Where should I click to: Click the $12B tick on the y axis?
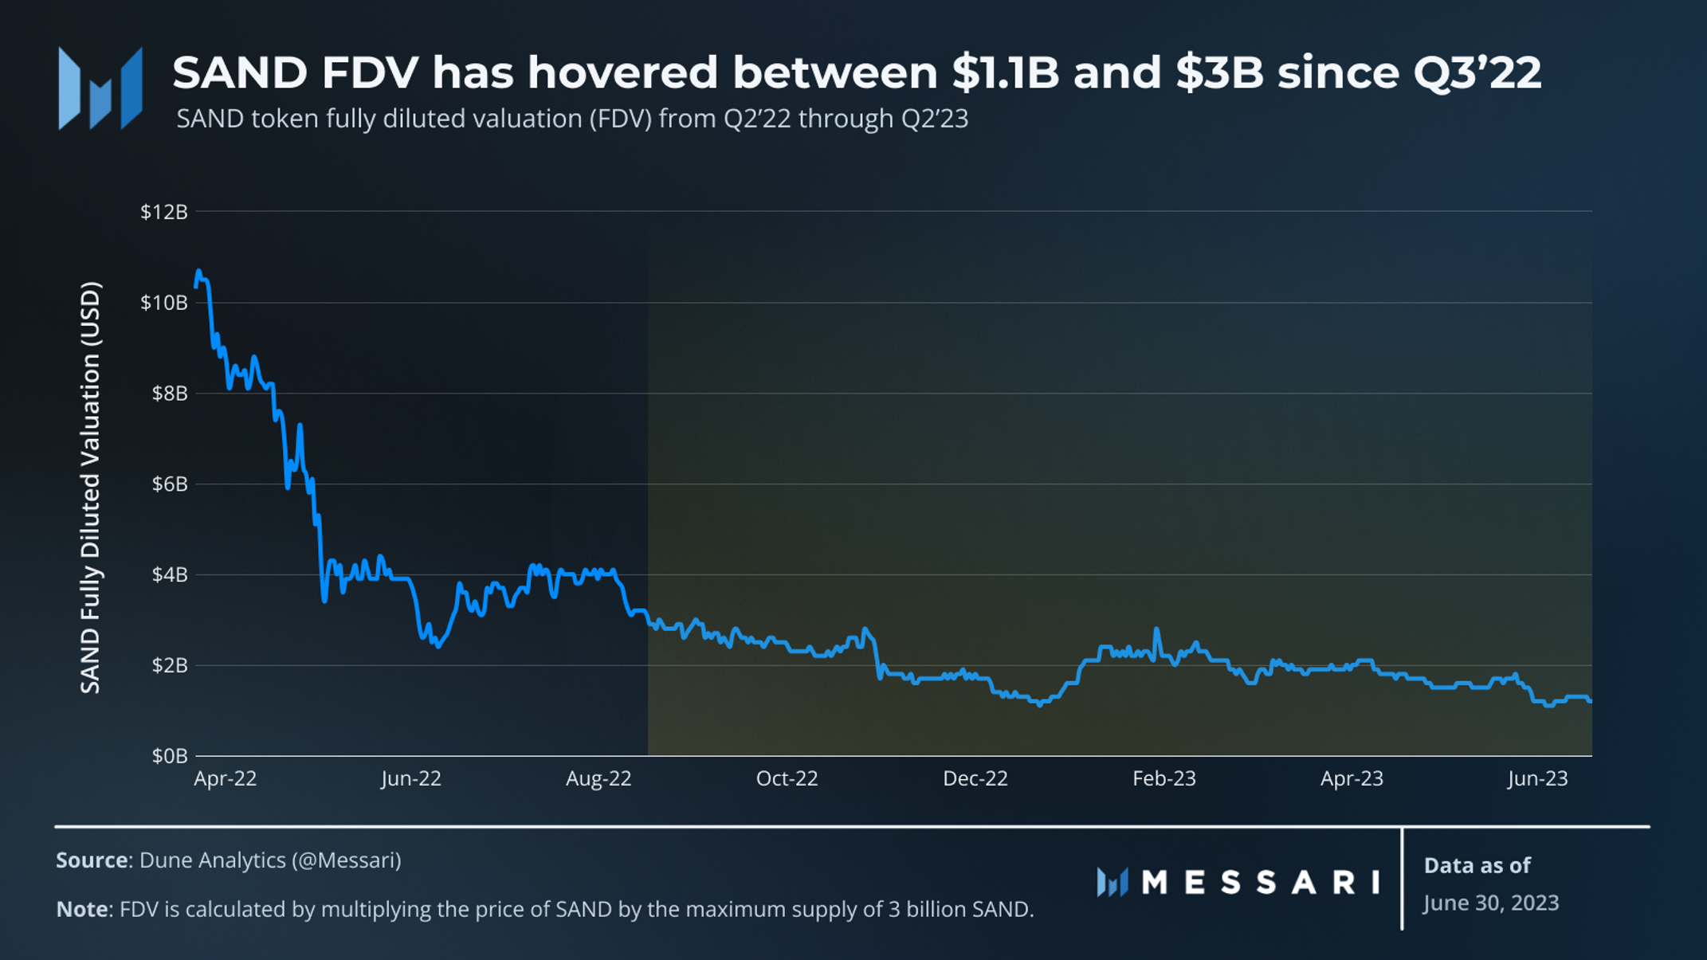point(164,212)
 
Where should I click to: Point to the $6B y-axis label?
point(170,484)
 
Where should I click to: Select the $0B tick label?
point(170,756)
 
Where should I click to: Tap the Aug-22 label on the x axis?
point(598,778)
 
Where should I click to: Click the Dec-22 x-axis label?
point(975,778)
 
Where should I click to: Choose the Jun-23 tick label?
point(1537,778)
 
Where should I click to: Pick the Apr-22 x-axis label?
point(226,778)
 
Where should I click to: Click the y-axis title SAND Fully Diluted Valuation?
point(91,487)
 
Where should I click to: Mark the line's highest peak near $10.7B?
point(198,272)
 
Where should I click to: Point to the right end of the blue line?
point(1591,700)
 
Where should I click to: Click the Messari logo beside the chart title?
point(100,88)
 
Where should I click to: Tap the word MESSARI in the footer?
point(1261,883)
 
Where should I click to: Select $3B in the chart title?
point(1219,72)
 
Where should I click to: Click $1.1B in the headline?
point(1005,72)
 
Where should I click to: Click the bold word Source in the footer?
point(92,860)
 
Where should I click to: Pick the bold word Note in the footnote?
point(82,909)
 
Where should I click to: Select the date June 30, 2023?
point(1490,903)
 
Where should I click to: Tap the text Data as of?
point(1477,865)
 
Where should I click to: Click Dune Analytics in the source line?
point(212,860)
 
